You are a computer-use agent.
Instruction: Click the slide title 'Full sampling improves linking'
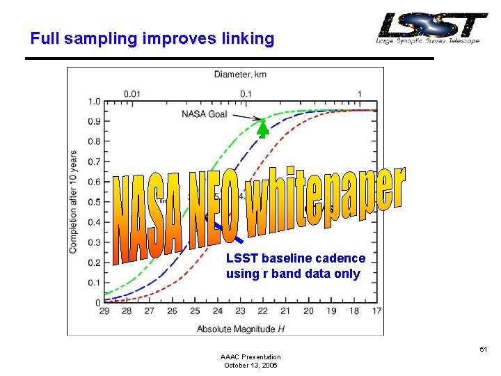[x=152, y=38]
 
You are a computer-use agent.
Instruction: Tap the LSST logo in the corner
[x=431, y=29]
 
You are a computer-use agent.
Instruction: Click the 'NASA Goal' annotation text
[x=205, y=114]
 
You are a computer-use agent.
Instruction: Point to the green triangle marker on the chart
[x=263, y=127]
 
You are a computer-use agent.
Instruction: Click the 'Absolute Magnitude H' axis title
[x=240, y=328]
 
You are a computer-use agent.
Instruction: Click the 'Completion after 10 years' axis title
[x=74, y=202]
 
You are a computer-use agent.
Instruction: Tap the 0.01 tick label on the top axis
[x=132, y=93]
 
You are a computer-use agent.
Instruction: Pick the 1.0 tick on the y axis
[x=93, y=102]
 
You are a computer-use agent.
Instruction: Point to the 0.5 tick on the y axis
[x=93, y=203]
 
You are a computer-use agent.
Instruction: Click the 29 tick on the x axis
[x=104, y=311]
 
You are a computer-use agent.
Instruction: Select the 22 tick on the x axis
[x=263, y=311]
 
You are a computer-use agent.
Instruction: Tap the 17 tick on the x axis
[x=376, y=311]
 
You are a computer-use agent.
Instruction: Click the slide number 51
[x=485, y=350]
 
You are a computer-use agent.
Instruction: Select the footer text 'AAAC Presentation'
[x=250, y=357]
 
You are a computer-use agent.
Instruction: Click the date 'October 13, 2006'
[x=250, y=365]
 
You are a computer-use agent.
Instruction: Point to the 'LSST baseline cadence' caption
[x=296, y=258]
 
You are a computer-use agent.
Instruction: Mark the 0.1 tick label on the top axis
[x=246, y=93]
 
